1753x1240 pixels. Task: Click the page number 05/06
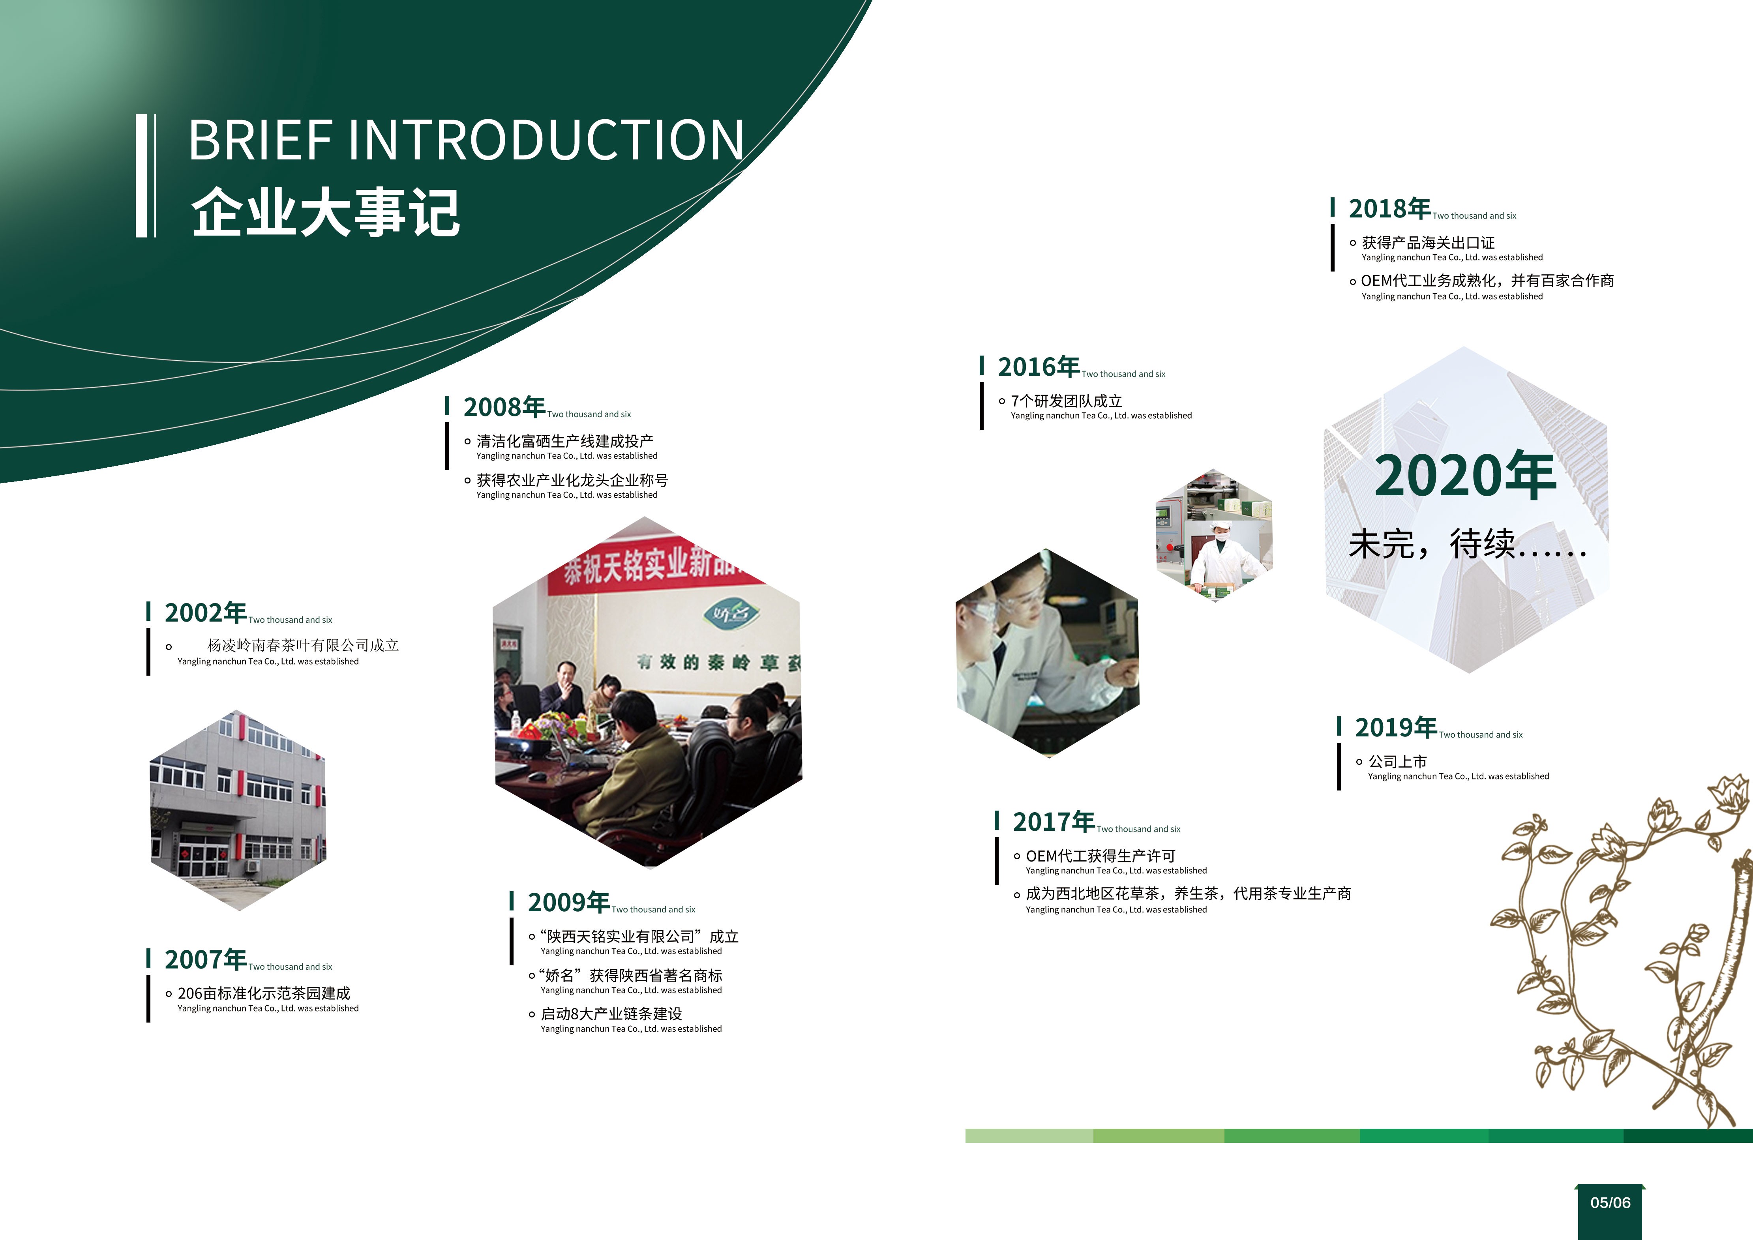pos(1610,1203)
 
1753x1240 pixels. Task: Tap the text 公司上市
pos(1397,761)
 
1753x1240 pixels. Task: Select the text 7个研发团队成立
pos(1067,401)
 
